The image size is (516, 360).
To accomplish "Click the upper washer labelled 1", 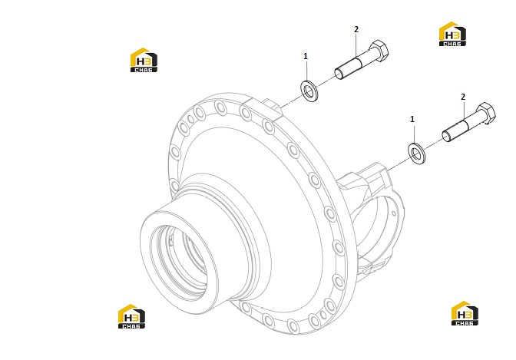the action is pos(309,90).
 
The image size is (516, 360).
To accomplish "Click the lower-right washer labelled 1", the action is pos(417,154).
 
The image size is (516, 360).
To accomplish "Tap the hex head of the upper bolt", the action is pos(379,51).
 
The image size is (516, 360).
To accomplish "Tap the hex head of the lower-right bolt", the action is pos(486,114).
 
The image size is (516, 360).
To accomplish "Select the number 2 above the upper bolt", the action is pos(356,29).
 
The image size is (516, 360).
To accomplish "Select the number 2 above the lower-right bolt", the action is pos(463,97).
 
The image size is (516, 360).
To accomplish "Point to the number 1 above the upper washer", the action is pos(306,56).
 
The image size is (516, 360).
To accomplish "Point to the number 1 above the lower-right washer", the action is pos(412,119).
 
